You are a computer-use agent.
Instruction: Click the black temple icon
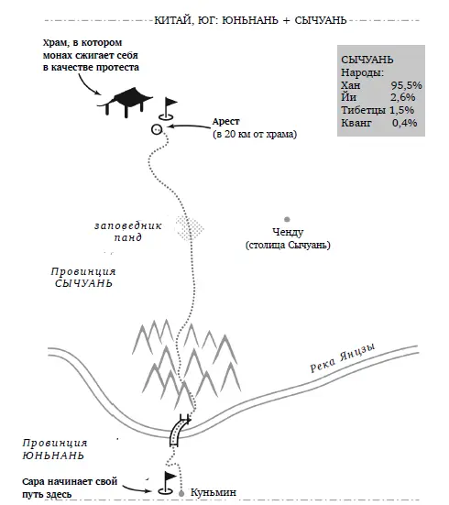[126, 102]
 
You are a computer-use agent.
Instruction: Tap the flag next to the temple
[168, 109]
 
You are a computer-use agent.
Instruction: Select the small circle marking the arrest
[157, 129]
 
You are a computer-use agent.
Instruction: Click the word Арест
[225, 122]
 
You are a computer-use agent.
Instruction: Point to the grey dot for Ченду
[287, 220]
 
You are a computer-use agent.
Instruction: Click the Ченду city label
[288, 232]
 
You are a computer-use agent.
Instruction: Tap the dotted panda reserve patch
[190, 228]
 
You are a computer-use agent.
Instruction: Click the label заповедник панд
[128, 232]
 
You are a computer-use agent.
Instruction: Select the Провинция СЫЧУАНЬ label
[83, 278]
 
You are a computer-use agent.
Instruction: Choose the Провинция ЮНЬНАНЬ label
[55, 449]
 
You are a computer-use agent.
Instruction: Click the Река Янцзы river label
[343, 357]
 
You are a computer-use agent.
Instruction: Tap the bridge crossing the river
[180, 430]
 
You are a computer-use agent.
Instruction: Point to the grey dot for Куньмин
[181, 493]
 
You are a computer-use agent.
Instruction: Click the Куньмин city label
[214, 492]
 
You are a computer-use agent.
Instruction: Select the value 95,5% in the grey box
[407, 85]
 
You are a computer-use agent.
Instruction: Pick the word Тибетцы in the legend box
[363, 110]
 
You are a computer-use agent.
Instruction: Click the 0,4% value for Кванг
[404, 123]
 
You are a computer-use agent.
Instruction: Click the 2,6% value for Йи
[403, 97]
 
